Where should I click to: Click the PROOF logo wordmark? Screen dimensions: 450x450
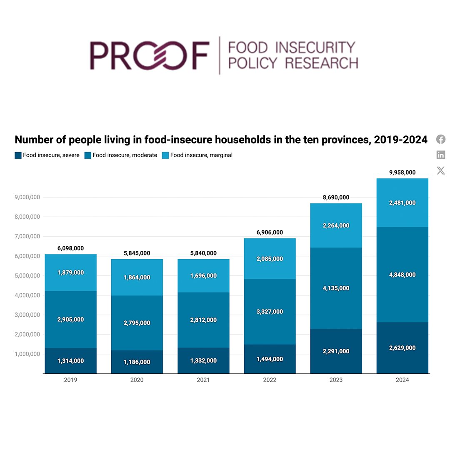(x=149, y=55)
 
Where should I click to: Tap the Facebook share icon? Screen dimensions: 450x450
(x=441, y=139)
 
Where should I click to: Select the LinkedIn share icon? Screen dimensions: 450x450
(x=441, y=155)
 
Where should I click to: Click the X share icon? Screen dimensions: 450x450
(x=441, y=170)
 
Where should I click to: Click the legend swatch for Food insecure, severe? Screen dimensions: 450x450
(x=18, y=155)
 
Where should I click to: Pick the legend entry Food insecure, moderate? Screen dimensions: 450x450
(x=121, y=155)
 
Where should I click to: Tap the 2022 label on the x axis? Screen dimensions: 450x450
(x=270, y=380)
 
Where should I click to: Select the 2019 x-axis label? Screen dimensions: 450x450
(x=70, y=380)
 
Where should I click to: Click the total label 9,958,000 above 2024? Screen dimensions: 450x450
(x=402, y=172)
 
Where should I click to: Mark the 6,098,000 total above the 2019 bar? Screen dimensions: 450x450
(x=70, y=248)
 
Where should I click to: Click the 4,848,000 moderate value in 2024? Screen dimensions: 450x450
(x=402, y=275)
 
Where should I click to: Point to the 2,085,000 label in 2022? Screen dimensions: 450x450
(x=270, y=259)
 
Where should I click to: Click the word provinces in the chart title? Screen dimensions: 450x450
(x=333, y=140)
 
